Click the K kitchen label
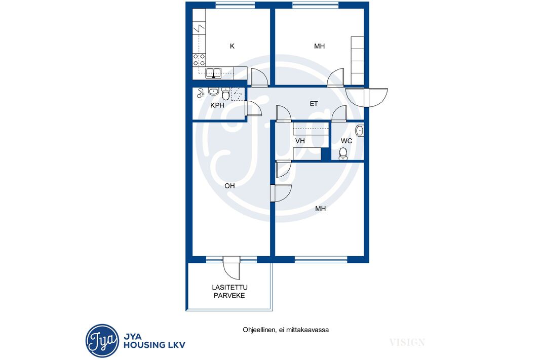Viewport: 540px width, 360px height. coord(232,46)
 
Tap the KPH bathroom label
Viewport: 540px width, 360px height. coord(217,105)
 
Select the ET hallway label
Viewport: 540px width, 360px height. coord(314,104)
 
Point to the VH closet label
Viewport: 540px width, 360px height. coord(300,141)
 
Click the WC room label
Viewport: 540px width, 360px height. coord(346,141)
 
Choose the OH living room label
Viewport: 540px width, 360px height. coord(229,186)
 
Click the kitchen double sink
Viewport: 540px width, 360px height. coord(214,73)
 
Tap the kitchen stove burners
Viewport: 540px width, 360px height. coord(199,60)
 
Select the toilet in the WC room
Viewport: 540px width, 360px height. coord(343,154)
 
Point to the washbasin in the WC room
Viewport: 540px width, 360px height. coord(360,131)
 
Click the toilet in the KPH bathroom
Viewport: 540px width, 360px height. coord(225,94)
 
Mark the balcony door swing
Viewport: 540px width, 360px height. coord(232,268)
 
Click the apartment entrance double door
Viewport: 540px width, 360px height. coord(366,98)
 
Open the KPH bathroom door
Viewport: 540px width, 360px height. coord(253,109)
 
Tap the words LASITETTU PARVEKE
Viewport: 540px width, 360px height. coord(229,292)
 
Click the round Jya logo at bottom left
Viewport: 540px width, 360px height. coord(102,341)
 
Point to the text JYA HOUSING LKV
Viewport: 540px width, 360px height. coord(155,341)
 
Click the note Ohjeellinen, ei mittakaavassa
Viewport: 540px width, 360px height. coord(286,330)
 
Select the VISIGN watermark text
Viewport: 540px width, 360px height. coord(407,342)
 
